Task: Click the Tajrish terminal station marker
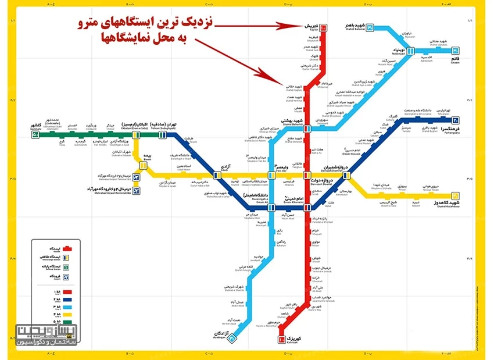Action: [x=323, y=27]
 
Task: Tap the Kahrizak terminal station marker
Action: [x=281, y=339]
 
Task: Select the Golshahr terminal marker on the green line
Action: [x=35, y=135]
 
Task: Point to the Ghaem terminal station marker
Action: [x=456, y=51]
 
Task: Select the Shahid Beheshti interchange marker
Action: [x=307, y=127]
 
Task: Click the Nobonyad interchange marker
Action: [x=411, y=51]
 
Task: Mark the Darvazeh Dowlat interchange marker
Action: [x=307, y=175]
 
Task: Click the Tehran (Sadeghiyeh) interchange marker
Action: [x=162, y=135]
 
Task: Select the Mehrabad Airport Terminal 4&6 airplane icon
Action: [x=137, y=190]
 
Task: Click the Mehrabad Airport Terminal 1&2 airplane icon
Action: [x=137, y=176]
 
